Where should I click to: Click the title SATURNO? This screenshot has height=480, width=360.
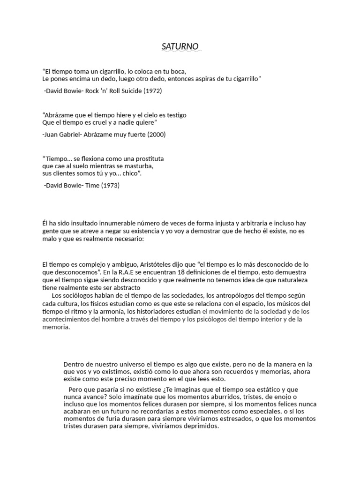point(180,46)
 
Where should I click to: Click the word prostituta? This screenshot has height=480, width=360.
point(147,158)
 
